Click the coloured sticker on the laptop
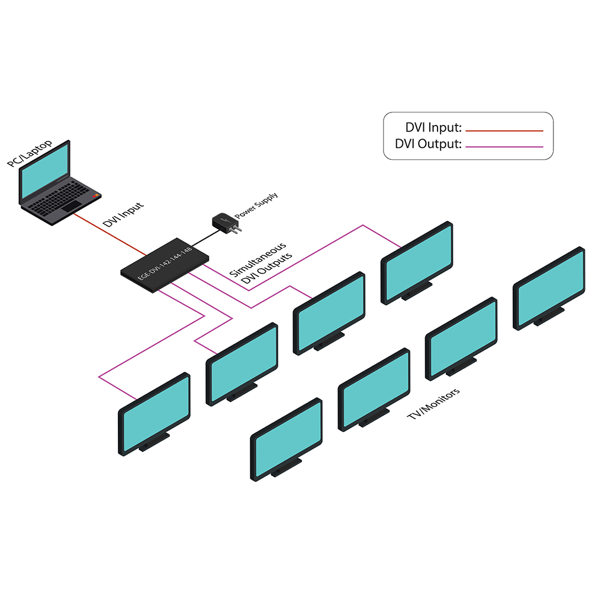pos(95,195)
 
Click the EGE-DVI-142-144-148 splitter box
pos(166,265)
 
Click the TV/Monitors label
pos(434,404)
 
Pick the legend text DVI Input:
pos(433,128)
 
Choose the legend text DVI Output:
pos(428,144)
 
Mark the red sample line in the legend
pos(504,130)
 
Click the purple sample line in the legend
pos(504,146)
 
